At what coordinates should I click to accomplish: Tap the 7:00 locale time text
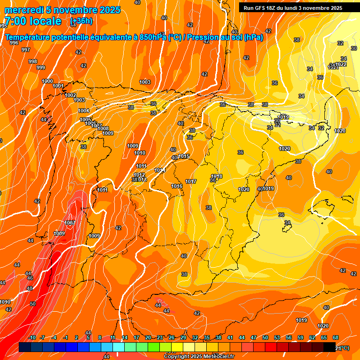tap(33, 21)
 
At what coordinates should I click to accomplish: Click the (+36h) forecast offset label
tap(81, 21)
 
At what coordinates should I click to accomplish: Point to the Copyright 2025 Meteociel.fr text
tap(199, 356)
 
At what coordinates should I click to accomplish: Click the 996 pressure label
tap(14, 43)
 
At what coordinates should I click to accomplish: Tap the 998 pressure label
tap(33, 61)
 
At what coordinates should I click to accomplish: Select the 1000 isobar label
tap(47, 81)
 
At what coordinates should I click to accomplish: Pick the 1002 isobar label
tap(70, 95)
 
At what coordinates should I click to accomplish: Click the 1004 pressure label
tap(83, 111)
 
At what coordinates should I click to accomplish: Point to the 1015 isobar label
tap(184, 156)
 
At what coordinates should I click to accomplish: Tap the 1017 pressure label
tap(191, 181)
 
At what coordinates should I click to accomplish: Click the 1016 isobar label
tap(177, 186)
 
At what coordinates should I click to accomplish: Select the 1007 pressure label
tap(70, 222)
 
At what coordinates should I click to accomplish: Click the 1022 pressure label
tap(341, 64)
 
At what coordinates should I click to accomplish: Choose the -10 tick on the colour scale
tap(32, 337)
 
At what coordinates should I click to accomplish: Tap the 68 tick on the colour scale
tap(335, 337)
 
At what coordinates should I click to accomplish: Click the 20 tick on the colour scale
tap(148, 337)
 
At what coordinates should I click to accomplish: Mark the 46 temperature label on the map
tap(30, 278)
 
